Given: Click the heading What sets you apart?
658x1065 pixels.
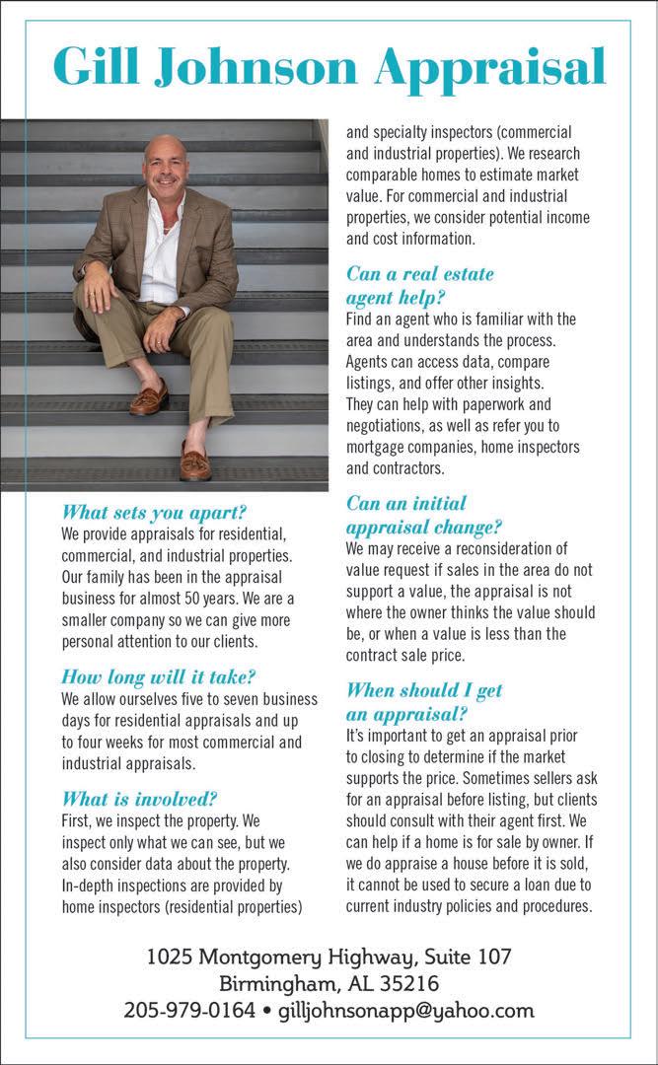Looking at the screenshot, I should tap(153, 513).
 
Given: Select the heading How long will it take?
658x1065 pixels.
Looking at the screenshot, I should tap(159, 676).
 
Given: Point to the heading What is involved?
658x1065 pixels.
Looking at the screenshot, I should tap(139, 799).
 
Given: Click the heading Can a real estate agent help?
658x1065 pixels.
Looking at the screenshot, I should tap(419, 284).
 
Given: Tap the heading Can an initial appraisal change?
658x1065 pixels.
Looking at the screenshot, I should tap(424, 514).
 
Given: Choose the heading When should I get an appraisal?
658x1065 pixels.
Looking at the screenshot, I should tap(424, 701).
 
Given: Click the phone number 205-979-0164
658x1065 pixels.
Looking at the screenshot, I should tap(187, 1011).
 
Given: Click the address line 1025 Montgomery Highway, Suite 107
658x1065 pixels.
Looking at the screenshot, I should tap(329, 956).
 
